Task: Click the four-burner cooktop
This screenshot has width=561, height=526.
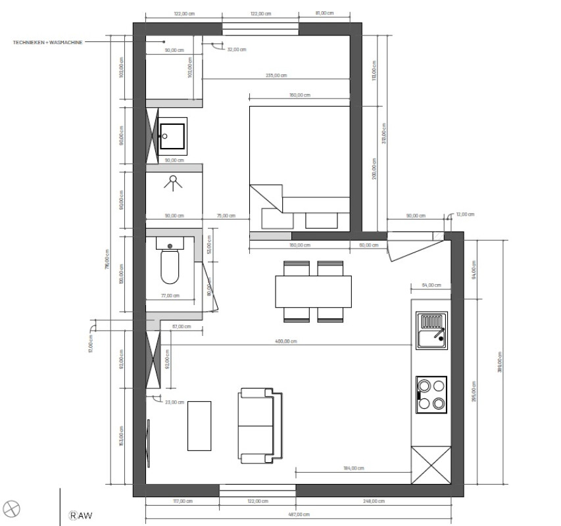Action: [x=431, y=394]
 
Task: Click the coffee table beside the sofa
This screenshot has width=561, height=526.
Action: [x=199, y=425]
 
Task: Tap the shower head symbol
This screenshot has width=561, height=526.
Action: [x=174, y=181]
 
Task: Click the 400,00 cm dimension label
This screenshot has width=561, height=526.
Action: [x=287, y=341]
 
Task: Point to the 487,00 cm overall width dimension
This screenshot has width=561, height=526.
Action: [x=299, y=515]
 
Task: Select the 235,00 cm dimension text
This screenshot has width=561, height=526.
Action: [x=276, y=76]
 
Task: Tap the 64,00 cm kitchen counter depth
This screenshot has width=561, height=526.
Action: [x=431, y=285]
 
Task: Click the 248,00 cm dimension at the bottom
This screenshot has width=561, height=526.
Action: [x=373, y=502]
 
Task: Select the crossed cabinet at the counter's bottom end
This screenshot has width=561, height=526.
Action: [x=431, y=466]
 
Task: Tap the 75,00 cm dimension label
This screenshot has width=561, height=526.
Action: [x=225, y=216]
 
